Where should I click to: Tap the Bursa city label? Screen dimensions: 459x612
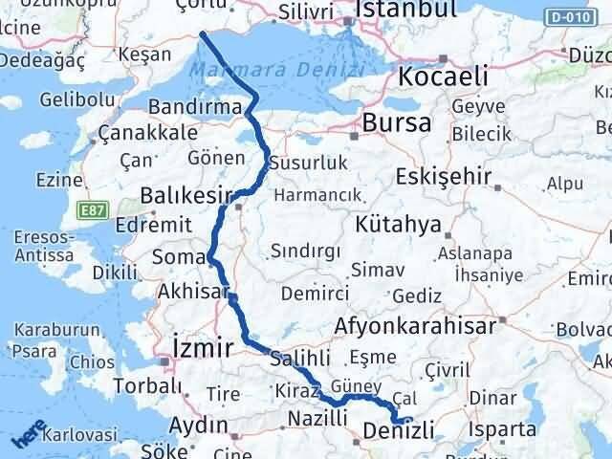pos(397,123)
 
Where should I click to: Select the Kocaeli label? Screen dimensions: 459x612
pos(444,76)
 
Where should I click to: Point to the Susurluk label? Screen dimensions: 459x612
pos(308,163)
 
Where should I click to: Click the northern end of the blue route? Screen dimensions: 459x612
pos(202,34)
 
